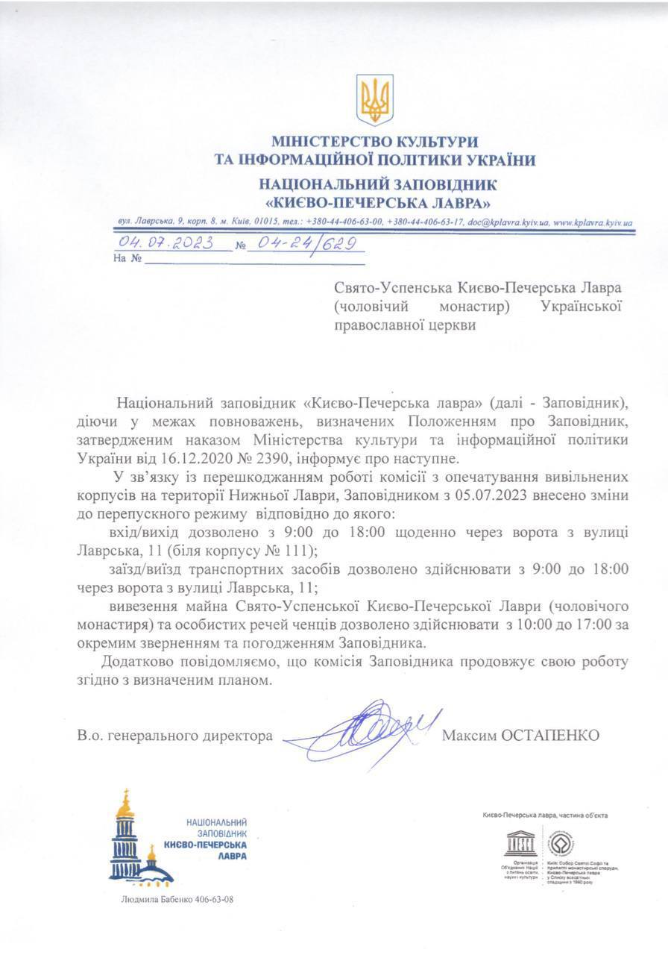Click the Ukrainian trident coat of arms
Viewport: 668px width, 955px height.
(374, 99)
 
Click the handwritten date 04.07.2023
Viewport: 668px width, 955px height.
(166, 243)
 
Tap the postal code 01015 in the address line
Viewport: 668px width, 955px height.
(265, 222)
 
